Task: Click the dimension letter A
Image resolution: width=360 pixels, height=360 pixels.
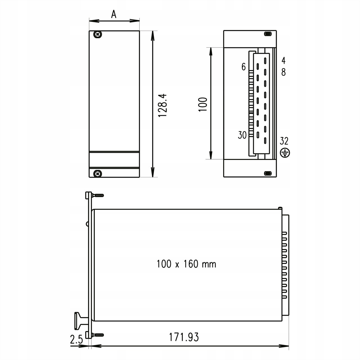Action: [114, 14]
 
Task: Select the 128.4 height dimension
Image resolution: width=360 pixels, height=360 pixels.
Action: [162, 105]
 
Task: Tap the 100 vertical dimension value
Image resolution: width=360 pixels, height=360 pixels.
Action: [203, 104]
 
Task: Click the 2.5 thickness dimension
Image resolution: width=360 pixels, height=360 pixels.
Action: [76, 340]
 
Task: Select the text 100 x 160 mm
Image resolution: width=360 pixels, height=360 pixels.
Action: [186, 264]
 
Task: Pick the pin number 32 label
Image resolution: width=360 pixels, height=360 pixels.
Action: [284, 141]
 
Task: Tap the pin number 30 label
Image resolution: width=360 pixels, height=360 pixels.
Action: [242, 135]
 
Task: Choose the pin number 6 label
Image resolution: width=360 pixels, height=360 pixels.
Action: [244, 67]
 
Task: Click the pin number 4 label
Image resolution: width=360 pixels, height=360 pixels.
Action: [283, 61]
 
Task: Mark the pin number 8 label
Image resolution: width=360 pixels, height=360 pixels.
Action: [283, 72]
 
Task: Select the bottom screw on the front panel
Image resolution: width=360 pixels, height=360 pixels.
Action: [97, 173]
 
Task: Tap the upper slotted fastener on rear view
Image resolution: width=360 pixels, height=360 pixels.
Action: [268, 34]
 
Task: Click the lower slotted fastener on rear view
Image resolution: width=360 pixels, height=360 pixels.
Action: [268, 173]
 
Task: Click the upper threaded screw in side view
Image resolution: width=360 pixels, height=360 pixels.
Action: [98, 195]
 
